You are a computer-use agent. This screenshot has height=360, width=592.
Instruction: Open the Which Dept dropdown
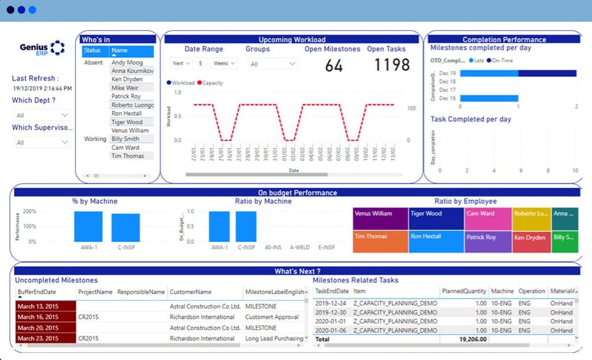(x=41, y=115)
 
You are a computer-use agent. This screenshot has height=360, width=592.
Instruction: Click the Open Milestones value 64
(x=333, y=66)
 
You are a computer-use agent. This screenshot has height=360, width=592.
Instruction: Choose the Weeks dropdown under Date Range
(x=224, y=63)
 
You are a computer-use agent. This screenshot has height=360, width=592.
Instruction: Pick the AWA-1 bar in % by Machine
(x=88, y=226)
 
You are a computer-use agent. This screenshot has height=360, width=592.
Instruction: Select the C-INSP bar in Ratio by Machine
(x=246, y=226)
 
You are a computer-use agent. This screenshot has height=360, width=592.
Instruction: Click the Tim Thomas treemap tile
(x=380, y=241)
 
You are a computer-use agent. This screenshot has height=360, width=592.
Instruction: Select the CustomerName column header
(x=190, y=292)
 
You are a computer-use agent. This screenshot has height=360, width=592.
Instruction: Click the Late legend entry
(x=476, y=60)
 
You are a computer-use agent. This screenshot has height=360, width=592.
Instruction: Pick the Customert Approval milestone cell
(x=273, y=317)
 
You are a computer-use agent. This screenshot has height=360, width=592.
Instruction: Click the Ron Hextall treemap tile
(x=435, y=241)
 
